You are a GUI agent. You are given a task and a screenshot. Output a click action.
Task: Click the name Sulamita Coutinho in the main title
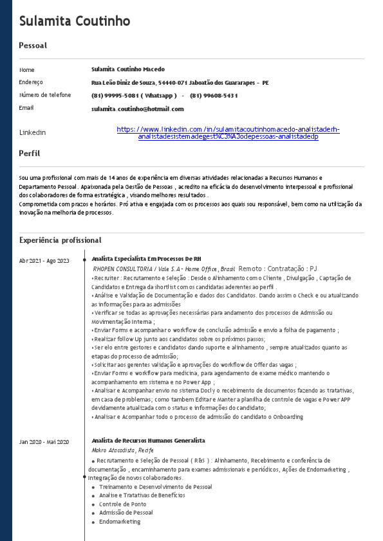point(75,21)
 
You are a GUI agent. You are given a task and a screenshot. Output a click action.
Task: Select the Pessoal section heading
point(33,46)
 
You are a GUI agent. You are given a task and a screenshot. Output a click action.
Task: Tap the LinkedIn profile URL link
point(228,133)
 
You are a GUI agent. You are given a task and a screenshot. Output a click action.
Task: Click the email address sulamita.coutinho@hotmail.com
point(137,109)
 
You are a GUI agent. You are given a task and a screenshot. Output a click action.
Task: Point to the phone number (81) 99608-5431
point(214,95)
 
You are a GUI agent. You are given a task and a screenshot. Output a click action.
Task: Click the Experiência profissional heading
point(61,240)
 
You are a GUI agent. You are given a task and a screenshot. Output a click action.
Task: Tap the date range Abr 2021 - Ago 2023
point(44,260)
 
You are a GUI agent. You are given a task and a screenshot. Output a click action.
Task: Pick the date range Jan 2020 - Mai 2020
point(44,442)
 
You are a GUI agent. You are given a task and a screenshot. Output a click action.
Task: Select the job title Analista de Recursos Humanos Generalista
point(148,441)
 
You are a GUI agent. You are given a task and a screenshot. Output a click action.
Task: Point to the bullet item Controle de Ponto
point(122,504)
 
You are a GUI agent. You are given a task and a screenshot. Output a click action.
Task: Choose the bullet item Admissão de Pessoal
point(126,513)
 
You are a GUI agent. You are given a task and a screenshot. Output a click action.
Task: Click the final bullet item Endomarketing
point(119,522)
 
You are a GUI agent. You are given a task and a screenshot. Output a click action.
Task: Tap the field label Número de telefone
point(45,95)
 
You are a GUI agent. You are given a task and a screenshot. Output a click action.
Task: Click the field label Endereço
point(31,82)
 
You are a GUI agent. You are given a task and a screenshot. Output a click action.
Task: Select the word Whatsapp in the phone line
point(159,95)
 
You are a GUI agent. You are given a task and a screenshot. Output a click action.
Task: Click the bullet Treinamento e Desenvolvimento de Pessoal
point(155,487)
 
